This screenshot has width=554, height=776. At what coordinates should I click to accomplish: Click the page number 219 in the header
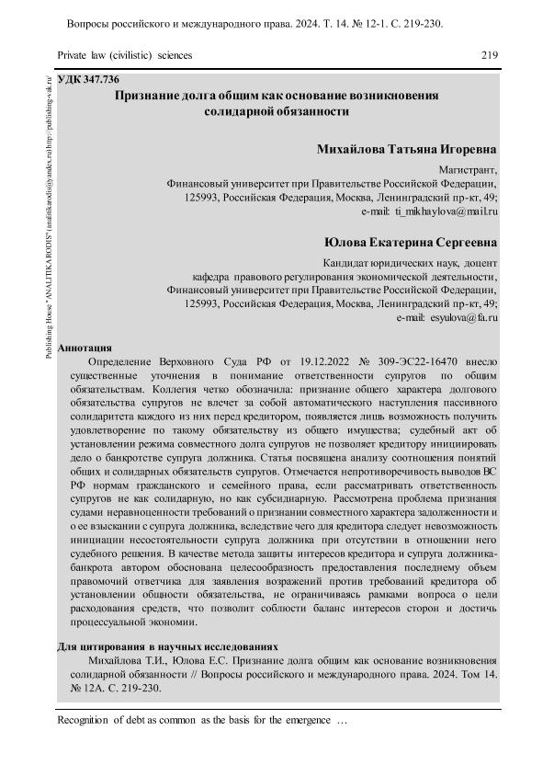[x=489, y=55]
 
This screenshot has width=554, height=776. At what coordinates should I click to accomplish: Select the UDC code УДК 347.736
[x=88, y=80]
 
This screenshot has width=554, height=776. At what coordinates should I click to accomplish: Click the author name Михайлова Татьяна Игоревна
[x=406, y=149]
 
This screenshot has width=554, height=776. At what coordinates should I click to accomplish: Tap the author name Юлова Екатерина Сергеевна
[x=411, y=243]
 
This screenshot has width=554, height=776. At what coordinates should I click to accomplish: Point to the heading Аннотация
[x=85, y=348]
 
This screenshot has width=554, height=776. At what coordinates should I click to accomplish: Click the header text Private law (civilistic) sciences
[x=125, y=55]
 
